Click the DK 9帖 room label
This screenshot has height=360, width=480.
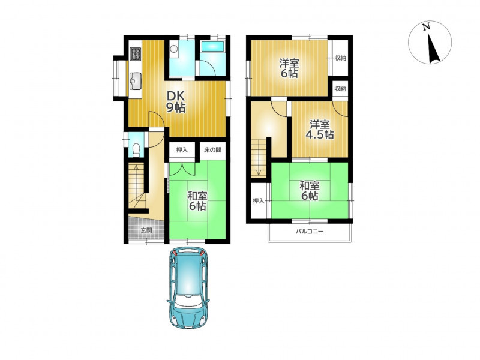coord(176,101)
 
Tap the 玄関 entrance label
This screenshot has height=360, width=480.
coord(146,230)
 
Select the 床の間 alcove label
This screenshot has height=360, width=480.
coord(213,150)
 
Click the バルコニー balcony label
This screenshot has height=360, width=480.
coord(309,232)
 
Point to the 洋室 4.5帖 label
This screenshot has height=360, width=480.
coord(320,130)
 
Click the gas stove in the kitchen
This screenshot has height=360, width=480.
coord(135,53)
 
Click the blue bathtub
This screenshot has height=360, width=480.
coord(212,47)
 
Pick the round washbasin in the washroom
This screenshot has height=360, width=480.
coord(174,49)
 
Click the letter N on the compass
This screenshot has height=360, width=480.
coord(426,27)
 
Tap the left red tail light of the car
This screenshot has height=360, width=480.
coord(174,253)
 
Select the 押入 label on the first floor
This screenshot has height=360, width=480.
coord(182,150)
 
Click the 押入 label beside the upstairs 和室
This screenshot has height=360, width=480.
coord(259,201)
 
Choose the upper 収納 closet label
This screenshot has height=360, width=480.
coord(340,58)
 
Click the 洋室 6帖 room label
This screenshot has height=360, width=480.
coord(289,68)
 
